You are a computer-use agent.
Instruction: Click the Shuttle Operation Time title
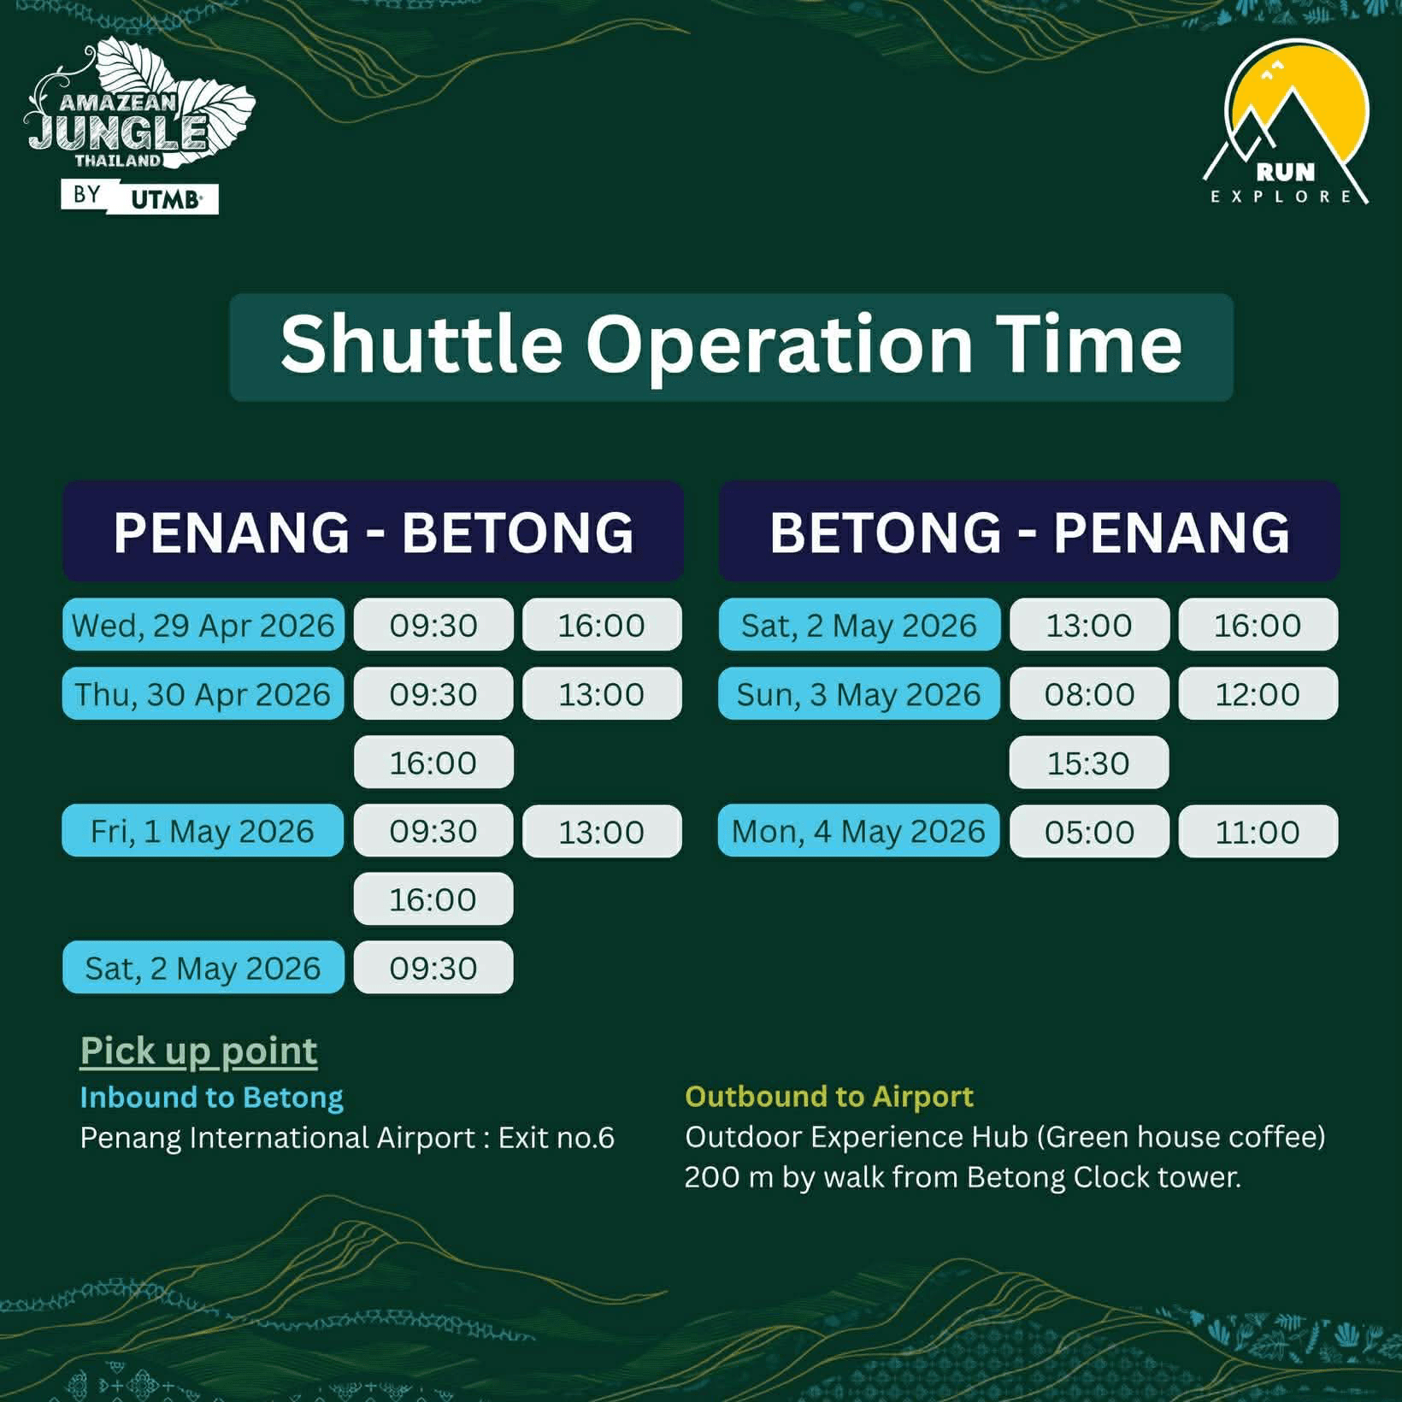[x=731, y=345]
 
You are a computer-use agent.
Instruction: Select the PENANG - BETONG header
[x=373, y=532]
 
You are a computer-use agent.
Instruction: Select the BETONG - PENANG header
[x=1028, y=532]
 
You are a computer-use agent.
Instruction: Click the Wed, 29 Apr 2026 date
[x=203, y=625]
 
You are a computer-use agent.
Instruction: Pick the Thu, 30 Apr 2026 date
[x=203, y=693]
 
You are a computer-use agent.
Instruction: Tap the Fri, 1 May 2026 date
[x=203, y=831]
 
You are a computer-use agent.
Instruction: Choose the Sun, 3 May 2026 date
[x=858, y=693]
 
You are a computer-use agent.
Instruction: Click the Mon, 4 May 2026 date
[x=858, y=831]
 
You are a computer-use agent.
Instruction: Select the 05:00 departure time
[x=1088, y=831]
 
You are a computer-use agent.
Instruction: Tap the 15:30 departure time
[x=1088, y=763]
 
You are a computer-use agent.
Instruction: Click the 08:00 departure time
[x=1088, y=693]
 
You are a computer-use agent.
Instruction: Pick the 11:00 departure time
[x=1258, y=831]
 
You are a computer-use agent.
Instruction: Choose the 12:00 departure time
[x=1258, y=693]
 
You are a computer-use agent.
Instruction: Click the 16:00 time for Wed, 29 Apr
[x=602, y=625]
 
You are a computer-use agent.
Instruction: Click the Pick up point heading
[x=198, y=1051]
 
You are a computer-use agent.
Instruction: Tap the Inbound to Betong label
[x=211, y=1097]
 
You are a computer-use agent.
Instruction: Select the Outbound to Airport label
[x=828, y=1096]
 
